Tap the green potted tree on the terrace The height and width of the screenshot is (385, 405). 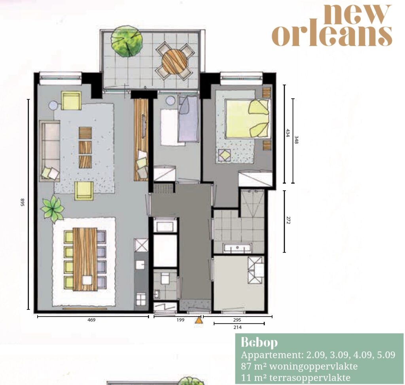[x=127, y=41]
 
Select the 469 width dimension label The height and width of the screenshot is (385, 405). [x=91, y=320]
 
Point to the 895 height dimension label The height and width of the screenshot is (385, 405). [x=23, y=202]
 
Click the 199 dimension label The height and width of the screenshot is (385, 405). [x=180, y=320]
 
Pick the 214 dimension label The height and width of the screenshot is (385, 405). [x=237, y=327]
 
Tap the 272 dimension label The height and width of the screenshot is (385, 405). [x=288, y=220]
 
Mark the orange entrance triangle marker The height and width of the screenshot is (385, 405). [x=199, y=320]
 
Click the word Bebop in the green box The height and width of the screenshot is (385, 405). [x=259, y=342]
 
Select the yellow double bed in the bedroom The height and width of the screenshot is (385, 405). [x=247, y=119]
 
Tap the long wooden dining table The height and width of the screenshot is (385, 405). [x=85, y=259]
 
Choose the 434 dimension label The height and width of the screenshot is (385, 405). [x=287, y=133]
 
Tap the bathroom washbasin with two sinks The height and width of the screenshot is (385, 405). [x=237, y=248]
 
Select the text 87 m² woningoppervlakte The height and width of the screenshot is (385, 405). [x=299, y=366]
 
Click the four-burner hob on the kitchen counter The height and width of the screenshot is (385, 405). [x=141, y=300]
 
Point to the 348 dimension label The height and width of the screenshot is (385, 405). [x=296, y=140]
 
